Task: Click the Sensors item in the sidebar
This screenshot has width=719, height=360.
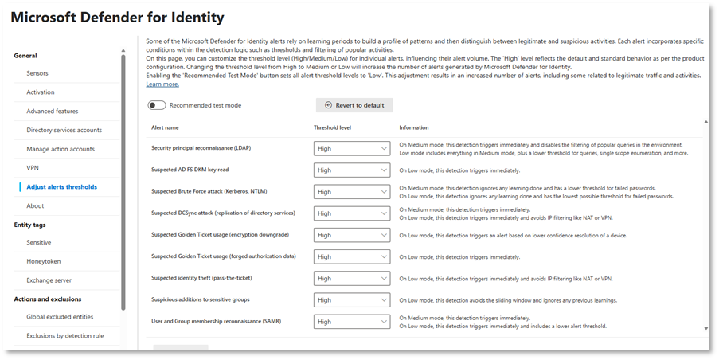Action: (x=37, y=73)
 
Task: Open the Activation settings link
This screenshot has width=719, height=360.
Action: (x=41, y=92)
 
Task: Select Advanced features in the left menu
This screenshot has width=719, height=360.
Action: (x=53, y=112)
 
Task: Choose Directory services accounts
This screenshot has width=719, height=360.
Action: (x=64, y=130)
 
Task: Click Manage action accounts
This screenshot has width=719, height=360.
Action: (x=61, y=149)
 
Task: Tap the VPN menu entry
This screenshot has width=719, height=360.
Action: (x=33, y=168)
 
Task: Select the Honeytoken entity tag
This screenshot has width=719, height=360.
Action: (x=43, y=261)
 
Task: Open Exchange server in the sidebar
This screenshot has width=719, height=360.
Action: (x=49, y=280)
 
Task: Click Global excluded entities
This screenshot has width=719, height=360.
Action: (x=60, y=317)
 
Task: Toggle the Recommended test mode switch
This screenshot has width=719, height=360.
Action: (x=156, y=105)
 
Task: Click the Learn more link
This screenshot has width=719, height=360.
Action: (x=162, y=84)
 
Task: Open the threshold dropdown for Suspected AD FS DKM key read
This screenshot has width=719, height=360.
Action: (x=352, y=170)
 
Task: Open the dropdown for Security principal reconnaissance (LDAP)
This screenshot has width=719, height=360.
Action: (x=352, y=148)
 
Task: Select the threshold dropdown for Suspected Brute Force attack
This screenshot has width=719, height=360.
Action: (x=352, y=192)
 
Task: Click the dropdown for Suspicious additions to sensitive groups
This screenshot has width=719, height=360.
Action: (x=352, y=300)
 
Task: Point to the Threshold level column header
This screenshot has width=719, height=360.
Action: (x=333, y=127)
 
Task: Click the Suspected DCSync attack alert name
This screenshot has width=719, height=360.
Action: (x=212, y=213)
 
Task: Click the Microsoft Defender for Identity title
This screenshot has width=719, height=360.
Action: (x=118, y=17)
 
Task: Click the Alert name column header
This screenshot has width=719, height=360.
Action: (x=165, y=127)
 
